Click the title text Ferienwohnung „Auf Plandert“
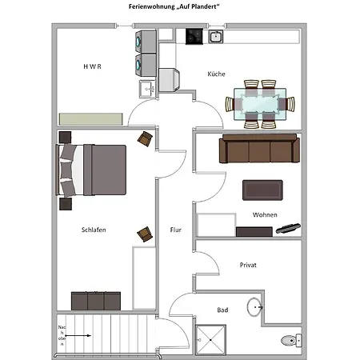pyautogui.click(x=174, y=6)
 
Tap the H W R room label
pyautogui.click(x=92, y=66)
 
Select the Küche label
pyautogui.click(x=216, y=74)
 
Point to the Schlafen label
pyautogui.click(x=94, y=230)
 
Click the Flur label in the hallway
pyautogui.click(x=175, y=230)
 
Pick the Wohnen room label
pyautogui.click(x=265, y=214)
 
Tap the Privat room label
pyautogui.click(x=248, y=265)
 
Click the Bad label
pyautogui.click(x=222, y=310)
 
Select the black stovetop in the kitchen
pyautogui.click(x=194, y=36)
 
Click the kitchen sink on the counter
pyautogui.click(x=216, y=37)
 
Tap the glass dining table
pyautogui.click(x=260, y=104)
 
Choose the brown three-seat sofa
pyautogui.click(x=259, y=148)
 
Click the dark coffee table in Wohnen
pyautogui.click(x=262, y=190)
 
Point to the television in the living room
pyautogui.click(x=288, y=228)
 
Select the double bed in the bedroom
pyautogui.click(x=91, y=170)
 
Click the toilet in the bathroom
pyautogui.click(x=291, y=341)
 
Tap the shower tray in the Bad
pyautogui.click(x=210, y=340)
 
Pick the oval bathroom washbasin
pyautogui.click(x=254, y=307)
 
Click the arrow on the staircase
pyautogui.click(x=78, y=335)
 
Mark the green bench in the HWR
pyautogui.click(x=91, y=119)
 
